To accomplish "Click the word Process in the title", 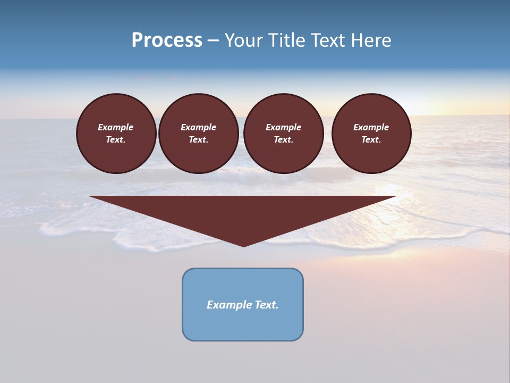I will [167, 40].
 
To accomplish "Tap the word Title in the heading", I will [287, 40].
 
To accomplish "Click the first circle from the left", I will [116, 134].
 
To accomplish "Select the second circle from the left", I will [198, 134].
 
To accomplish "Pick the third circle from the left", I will [283, 134].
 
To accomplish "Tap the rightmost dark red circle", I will [371, 134].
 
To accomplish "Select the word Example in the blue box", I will [229, 305].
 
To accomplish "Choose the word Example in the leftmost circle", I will [116, 127].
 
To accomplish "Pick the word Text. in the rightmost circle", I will [371, 139].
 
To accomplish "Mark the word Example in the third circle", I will [283, 127].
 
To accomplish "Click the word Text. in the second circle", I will [198, 139].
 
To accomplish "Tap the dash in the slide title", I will [213, 40].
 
